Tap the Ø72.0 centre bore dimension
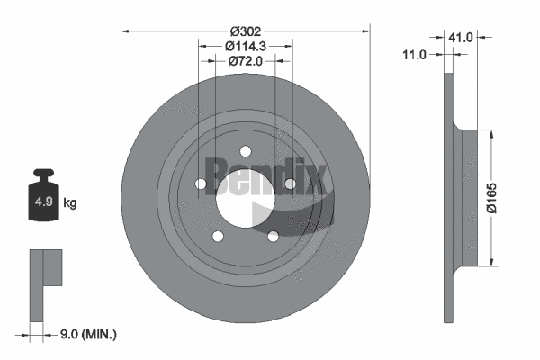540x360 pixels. coord(244,61)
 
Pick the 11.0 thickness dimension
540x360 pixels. coord(414,55)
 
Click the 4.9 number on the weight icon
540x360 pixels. coord(42,202)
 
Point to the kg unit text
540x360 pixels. coord(70,203)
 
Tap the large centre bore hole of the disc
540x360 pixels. coord(244,207)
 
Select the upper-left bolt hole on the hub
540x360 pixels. coord(200,184)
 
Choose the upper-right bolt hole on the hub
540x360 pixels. coord(290,184)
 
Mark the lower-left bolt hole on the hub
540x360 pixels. coord(217,237)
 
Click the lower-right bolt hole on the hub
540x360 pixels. coord(272,237)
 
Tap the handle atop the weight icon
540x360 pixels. coord(42,175)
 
